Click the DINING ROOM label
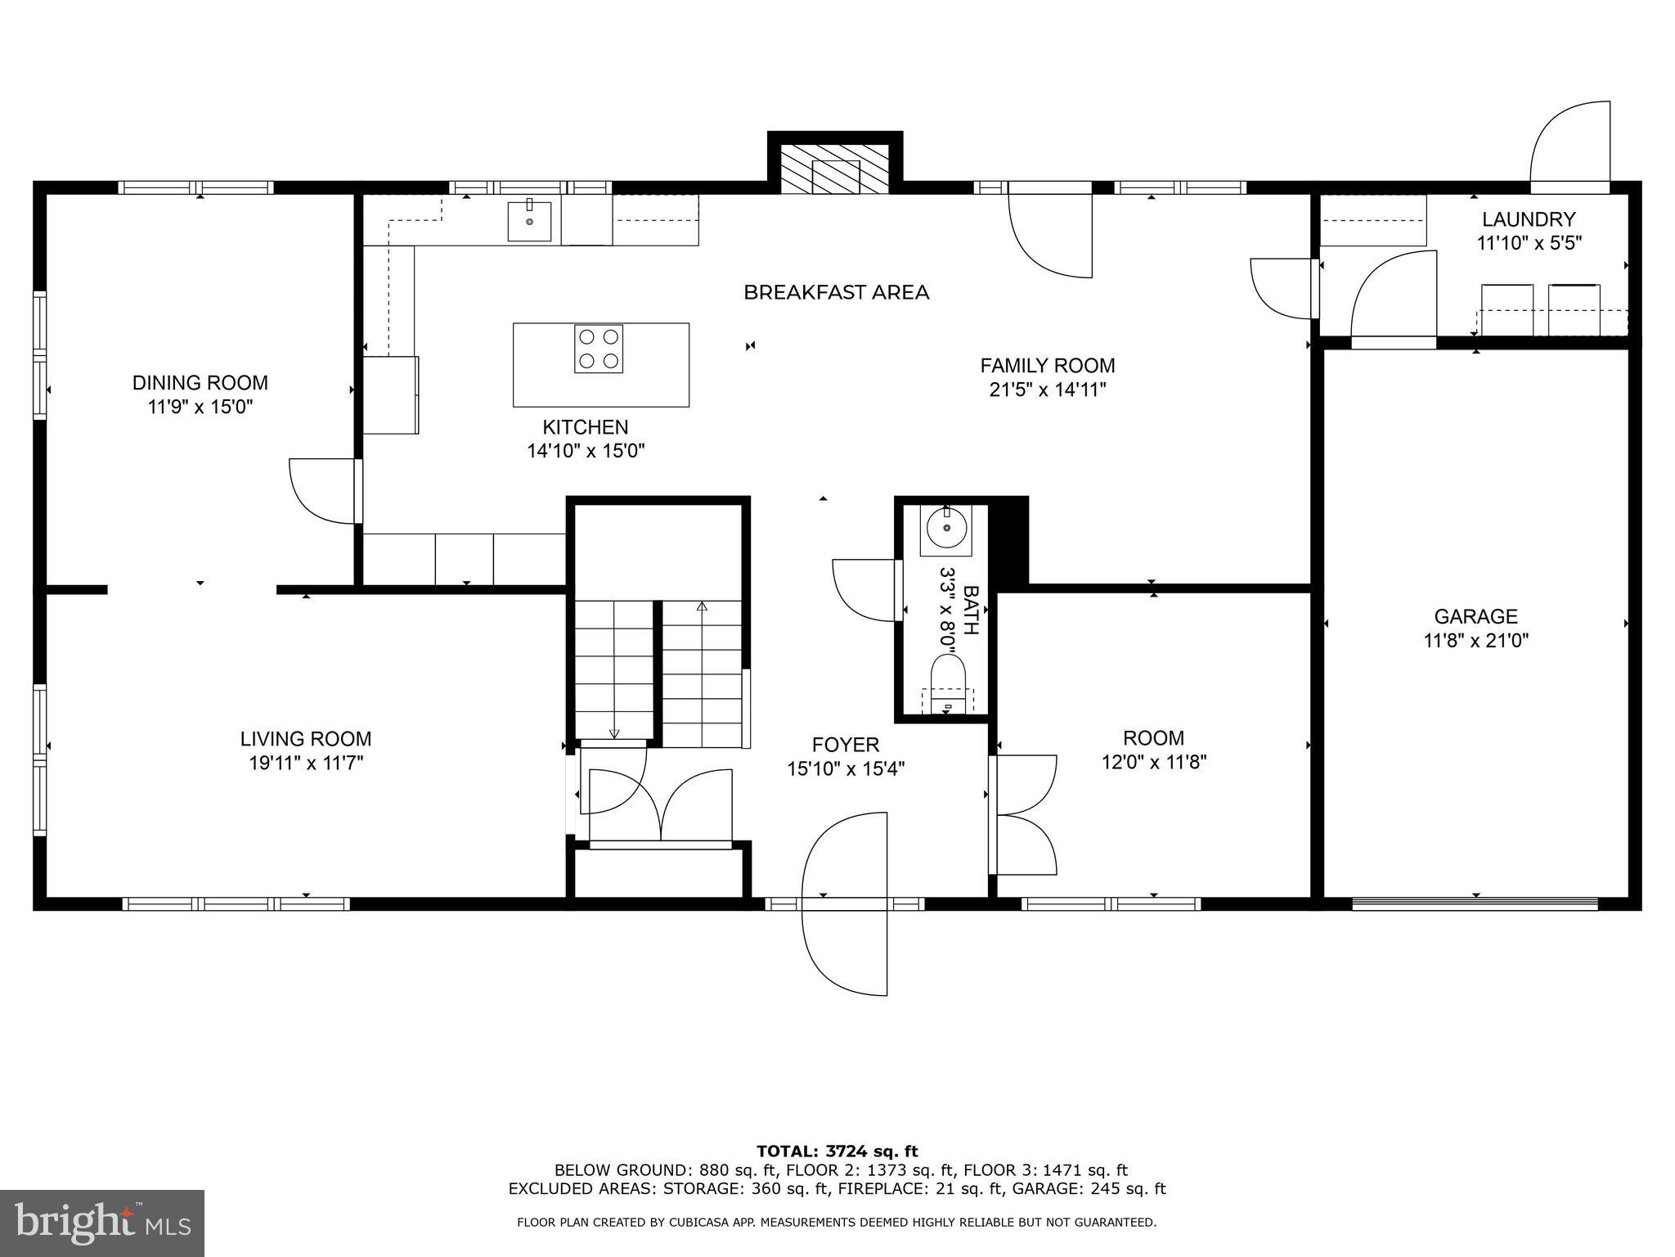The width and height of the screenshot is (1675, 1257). point(200,383)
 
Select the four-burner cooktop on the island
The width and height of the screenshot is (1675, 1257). point(599,349)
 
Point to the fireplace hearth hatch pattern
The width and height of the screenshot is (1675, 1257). point(834,170)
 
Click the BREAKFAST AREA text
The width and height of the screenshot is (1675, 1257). point(836,292)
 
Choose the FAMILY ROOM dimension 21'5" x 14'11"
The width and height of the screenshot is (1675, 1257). point(1048,390)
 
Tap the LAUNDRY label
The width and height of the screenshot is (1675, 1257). point(1529,219)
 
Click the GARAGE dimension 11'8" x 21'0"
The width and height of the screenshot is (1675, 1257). point(1476,640)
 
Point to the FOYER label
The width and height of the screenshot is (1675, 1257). point(846,745)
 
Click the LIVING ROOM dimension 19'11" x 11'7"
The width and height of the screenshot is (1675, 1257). point(306,763)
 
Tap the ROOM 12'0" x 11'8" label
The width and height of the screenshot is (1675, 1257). point(1153,750)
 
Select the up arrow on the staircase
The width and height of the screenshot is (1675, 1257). point(702,607)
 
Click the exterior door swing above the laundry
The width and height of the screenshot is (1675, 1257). point(1570,147)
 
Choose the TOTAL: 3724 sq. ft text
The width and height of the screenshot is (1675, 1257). point(837,1152)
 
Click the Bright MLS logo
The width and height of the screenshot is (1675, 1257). point(102,1223)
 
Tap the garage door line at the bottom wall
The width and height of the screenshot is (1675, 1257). point(1475,904)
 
